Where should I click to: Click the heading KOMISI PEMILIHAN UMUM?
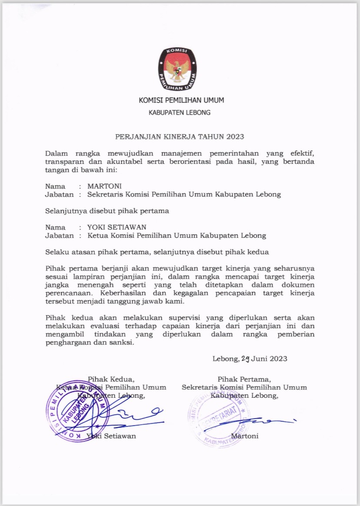pyautogui.click(x=181, y=100)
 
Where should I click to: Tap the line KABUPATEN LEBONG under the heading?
pyautogui.click(x=180, y=113)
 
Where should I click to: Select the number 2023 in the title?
pyautogui.click(x=235, y=136)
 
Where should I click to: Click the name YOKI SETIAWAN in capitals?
pyautogui.click(x=117, y=227)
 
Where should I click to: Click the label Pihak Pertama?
pyautogui.click(x=244, y=379)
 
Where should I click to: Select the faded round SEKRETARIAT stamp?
pyautogui.click(x=217, y=419)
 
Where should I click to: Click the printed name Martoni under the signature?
pyautogui.click(x=245, y=436)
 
